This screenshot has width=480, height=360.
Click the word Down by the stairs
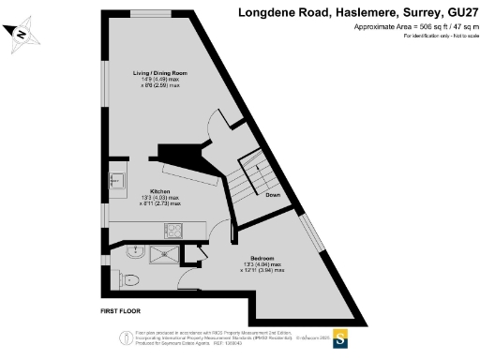click(x=274, y=195)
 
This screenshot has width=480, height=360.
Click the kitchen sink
click(x=118, y=178)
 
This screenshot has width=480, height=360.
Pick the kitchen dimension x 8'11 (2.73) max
click(x=159, y=203)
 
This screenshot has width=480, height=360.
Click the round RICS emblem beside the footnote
click(x=121, y=337)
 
